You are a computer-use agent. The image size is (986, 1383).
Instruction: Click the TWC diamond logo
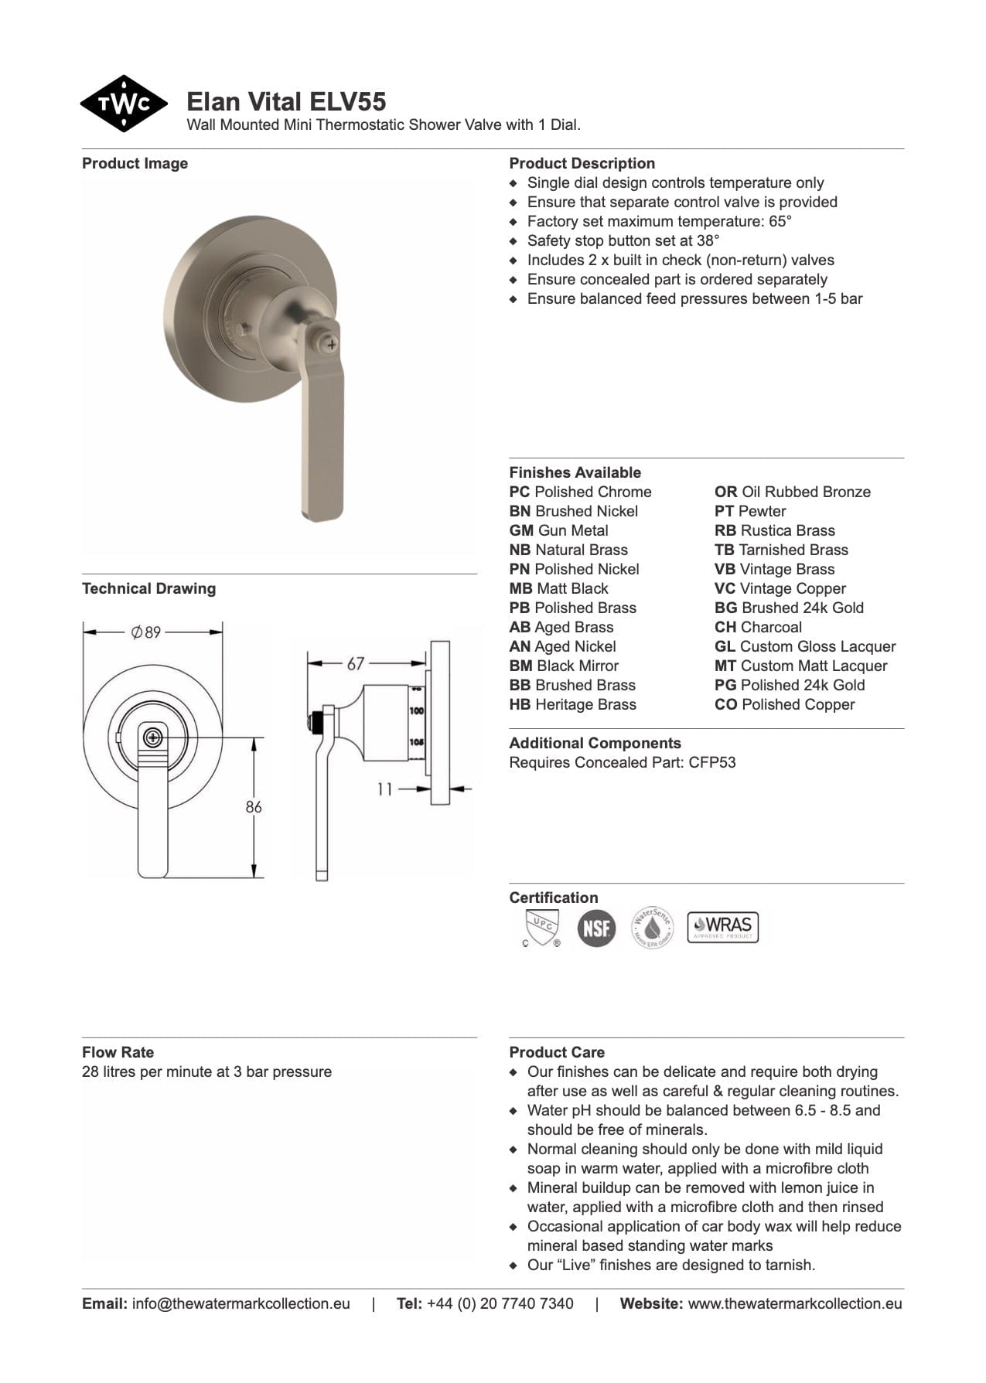124,104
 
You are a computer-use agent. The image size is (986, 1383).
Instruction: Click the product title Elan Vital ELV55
286,101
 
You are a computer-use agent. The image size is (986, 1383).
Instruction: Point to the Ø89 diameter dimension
146,632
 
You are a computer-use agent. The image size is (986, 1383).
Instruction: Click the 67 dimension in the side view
356,663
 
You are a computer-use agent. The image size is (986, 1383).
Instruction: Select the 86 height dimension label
254,807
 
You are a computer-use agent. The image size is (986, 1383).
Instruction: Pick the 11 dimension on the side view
385,789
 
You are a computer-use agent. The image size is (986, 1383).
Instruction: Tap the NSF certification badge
596,928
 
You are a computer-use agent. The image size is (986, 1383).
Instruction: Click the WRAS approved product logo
723,927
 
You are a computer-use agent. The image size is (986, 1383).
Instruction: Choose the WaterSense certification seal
652,927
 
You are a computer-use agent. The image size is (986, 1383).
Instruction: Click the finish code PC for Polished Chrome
520,492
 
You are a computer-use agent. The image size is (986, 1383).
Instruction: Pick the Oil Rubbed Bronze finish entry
793,492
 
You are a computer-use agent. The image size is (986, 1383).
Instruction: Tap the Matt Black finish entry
559,589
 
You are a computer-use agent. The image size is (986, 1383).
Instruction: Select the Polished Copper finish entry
785,705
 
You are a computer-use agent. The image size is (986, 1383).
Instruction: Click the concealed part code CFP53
712,763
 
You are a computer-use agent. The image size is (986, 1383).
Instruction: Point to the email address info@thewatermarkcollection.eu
241,1304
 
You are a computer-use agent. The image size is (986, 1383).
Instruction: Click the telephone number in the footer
500,1304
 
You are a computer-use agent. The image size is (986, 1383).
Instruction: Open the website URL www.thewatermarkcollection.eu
794,1304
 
